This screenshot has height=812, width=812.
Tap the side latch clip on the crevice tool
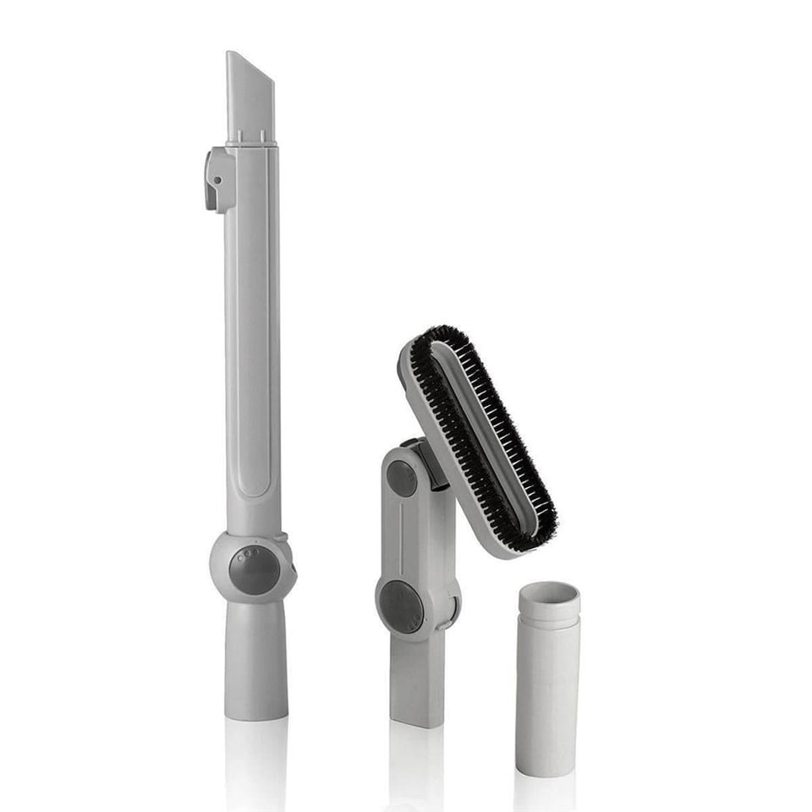click(x=217, y=178)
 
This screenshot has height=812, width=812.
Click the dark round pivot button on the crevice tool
click(x=253, y=569)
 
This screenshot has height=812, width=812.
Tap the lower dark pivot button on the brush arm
click(x=401, y=606)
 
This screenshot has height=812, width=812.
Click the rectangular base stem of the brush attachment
click(x=416, y=681)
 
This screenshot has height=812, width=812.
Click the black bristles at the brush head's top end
click(x=427, y=337)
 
